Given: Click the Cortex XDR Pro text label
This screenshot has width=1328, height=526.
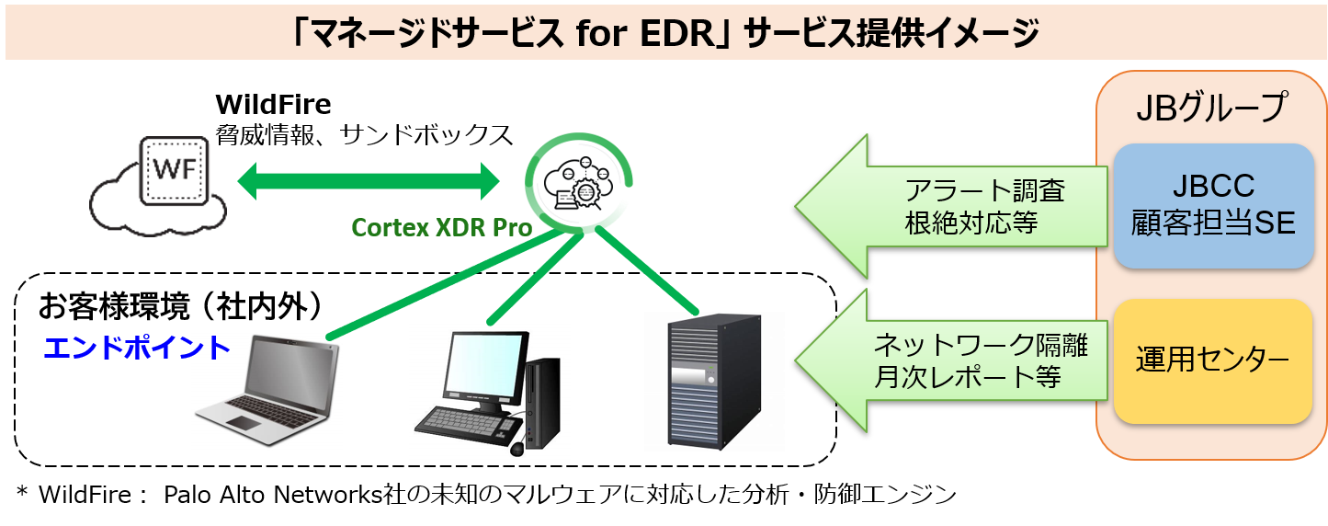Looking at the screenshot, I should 442,227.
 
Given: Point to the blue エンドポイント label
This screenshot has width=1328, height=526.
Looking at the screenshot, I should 136,348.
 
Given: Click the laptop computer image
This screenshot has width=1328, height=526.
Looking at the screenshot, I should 267,392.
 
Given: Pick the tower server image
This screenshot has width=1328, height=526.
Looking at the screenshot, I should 714,382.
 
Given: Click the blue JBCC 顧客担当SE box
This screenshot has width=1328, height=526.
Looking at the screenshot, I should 1213,206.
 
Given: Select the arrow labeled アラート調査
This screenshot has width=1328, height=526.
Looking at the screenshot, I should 956,207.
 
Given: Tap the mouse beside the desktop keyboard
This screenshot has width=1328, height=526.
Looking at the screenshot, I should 516,449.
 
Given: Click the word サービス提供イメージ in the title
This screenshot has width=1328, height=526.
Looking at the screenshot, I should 891,34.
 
